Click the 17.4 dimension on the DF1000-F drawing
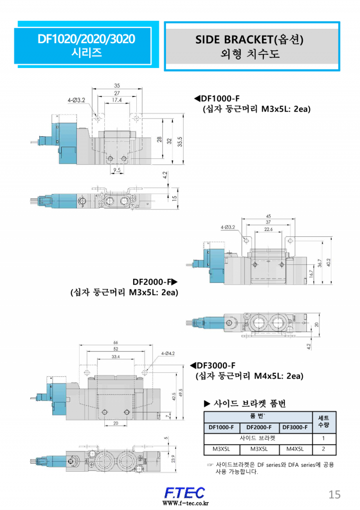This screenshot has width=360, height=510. coord(117,100)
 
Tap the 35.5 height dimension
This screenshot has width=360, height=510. coord(180,141)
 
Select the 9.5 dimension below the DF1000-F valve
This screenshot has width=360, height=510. coord(117,170)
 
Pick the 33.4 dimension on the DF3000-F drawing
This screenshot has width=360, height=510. coord(115,357)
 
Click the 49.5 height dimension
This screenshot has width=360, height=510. coord(180,393)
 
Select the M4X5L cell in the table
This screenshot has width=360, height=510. coord(295,449)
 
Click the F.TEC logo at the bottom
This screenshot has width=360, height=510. coord(184,493)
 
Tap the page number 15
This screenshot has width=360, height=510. coord(334,494)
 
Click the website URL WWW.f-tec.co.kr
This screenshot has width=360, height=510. coord(185,503)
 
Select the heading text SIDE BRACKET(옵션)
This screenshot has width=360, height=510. coord(249,40)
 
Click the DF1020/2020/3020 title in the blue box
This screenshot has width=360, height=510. coord(86,39)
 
